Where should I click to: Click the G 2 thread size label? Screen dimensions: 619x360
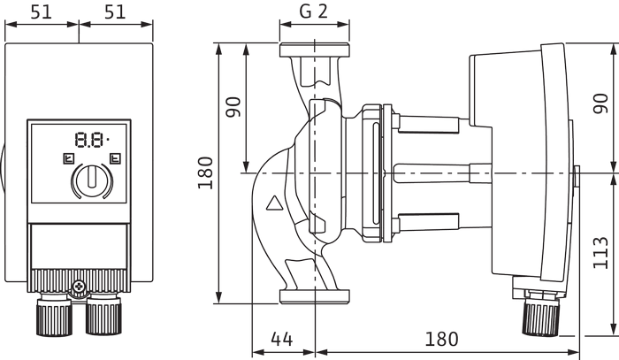(313, 11)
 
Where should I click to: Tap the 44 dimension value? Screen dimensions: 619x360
(282, 339)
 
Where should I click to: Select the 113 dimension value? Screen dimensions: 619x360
(600, 253)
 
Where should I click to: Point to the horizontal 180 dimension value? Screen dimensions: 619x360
(441, 339)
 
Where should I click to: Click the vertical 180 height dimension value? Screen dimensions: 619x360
(205, 172)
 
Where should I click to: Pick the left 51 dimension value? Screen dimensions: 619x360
(41, 11)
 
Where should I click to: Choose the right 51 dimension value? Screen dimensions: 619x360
(115, 11)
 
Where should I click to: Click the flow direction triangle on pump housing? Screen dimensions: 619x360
(274, 203)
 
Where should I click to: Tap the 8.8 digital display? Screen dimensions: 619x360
(92, 140)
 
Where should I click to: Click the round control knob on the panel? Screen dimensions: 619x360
(92, 180)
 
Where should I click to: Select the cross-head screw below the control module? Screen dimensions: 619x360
(80, 286)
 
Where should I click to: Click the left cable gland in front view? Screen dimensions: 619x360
(54, 315)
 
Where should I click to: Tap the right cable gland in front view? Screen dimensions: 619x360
(103, 315)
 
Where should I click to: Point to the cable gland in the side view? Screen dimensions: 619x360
(541, 312)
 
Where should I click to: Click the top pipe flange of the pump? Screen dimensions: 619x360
(314, 50)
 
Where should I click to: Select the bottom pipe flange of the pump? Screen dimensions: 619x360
(314, 296)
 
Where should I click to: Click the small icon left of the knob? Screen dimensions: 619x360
(69, 158)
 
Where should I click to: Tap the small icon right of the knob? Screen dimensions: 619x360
(115, 158)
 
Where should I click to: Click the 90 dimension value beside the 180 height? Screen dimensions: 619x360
(233, 107)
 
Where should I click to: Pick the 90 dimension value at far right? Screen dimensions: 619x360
(600, 103)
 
